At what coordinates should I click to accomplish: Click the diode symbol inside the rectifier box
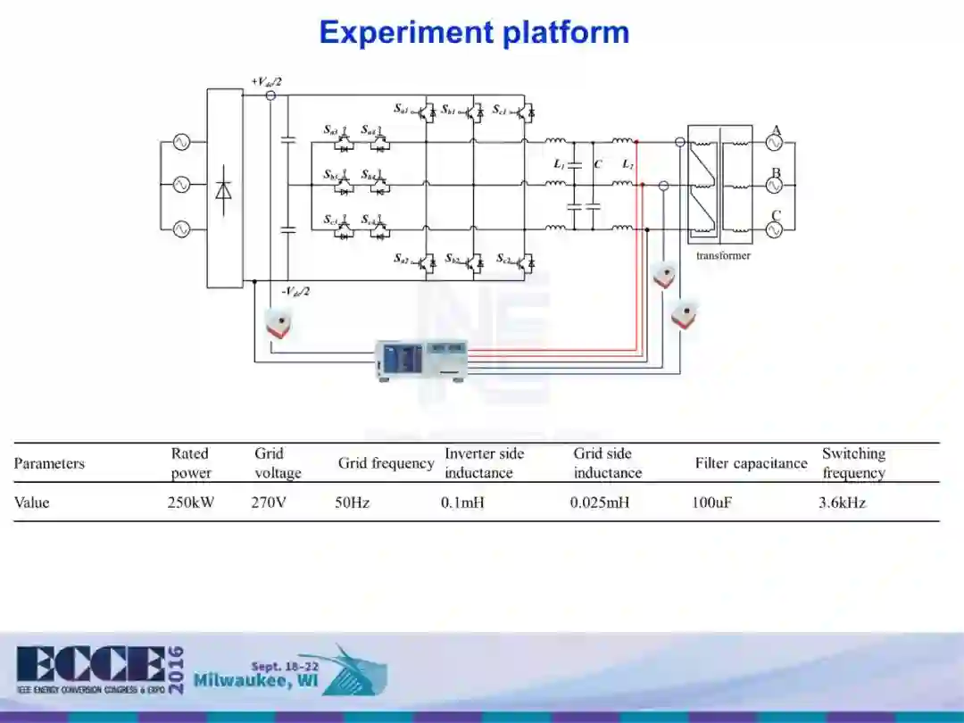click(x=224, y=188)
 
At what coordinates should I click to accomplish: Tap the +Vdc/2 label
click(x=266, y=82)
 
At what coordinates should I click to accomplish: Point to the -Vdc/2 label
click(x=295, y=291)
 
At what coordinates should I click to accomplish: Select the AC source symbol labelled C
click(x=774, y=229)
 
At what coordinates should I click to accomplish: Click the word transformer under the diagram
click(x=723, y=256)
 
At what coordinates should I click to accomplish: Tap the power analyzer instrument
click(x=421, y=360)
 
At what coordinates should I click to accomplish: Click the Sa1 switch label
click(x=402, y=110)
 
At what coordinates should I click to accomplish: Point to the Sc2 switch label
click(x=504, y=259)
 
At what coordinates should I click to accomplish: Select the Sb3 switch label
click(x=331, y=174)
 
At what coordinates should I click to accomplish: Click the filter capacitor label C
click(x=598, y=164)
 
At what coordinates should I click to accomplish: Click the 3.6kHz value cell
click(x=842, y=503)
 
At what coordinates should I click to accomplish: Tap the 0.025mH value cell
click(x=599, y=503)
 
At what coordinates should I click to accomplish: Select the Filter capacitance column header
click(x=751, y=463)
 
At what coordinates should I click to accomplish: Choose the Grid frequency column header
click(x=386, y=463)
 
